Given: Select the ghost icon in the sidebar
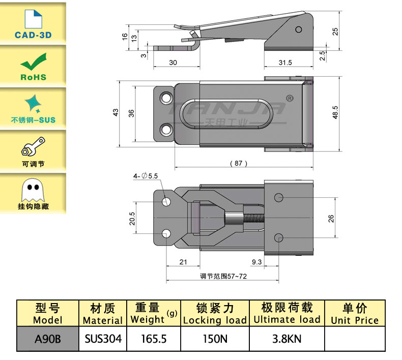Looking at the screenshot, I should (x=33, y=190).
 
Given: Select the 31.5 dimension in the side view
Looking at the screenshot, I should (x=285, y=63).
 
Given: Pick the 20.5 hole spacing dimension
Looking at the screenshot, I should (x=132, y=218).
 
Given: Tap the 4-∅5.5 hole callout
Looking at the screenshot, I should (x=146, y=175).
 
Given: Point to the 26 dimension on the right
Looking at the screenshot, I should (x=331, y=218).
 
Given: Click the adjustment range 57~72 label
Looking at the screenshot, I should (x=223, y=276).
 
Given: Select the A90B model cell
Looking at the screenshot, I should (x=47, y=338).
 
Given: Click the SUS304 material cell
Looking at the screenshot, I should (x=103, y=338).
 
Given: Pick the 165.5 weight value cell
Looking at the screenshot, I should (x=153, y=338).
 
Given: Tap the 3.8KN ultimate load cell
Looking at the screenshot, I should (x=287, y=338).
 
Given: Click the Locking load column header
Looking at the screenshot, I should (x=215, y=314).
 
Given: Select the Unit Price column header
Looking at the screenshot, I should (x=355, y=314).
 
